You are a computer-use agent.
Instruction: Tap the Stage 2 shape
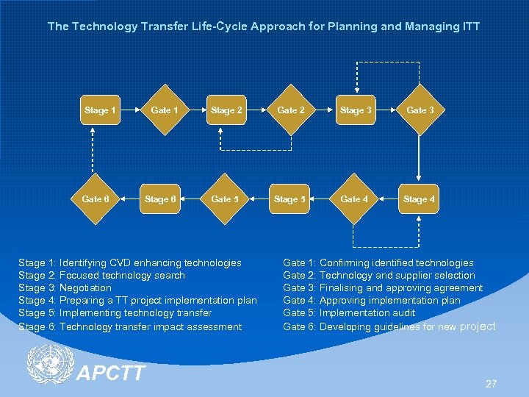pyautogui.click(x=226, y=110)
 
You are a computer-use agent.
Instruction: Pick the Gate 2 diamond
pyautogui.click(x=290, y=110)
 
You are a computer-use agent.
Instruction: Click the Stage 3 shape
pyautogui.click(x=355, y=110)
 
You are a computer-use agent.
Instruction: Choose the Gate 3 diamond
pyautogui.click(x=420, y=110)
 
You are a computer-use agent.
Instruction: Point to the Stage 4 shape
pyautogui.click(x=419, y=199)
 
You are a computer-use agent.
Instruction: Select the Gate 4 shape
pyautogui.click(x=355, y=199)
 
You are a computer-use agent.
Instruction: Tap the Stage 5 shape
pyautogui.click(x=290, y=199)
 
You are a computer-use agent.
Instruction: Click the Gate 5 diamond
pyautogui.click(x=225, y=199)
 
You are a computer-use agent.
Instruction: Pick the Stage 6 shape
pyautogui.click(x=160, y=199)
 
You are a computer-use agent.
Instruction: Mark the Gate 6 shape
pyautogui.click(x=96, y=199)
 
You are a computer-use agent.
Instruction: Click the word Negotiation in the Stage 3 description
pyautogui.click(x=85, y=288)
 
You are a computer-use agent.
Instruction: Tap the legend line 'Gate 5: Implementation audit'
pyautogui.click(x=349, y=313)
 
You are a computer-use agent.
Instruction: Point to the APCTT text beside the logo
pyautogui.click(x=111, y=373)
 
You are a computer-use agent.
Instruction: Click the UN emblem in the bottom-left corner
pyautogui.click(x=48, y=365)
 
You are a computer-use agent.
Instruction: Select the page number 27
pyautogui.click(x=491, y=384)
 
